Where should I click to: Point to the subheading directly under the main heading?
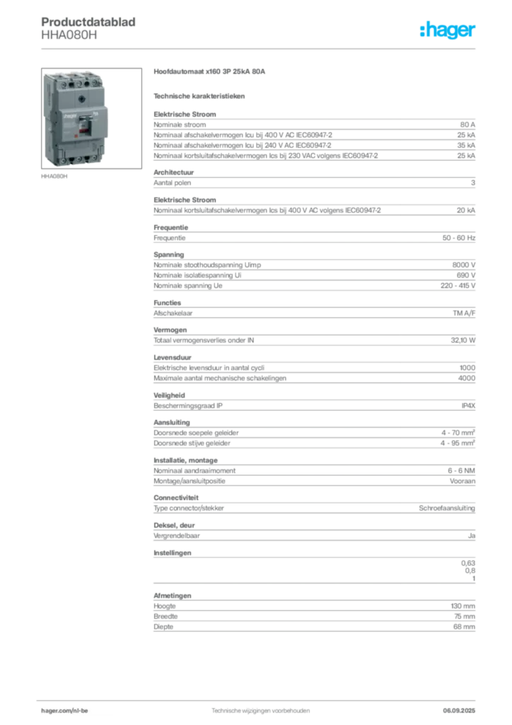pyautogui.click(x=200, y=95)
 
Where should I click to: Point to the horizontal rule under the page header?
pyautogui.click(x=260, y=48)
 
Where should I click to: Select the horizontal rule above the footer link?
pyautogui.click(x=260, y=699)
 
